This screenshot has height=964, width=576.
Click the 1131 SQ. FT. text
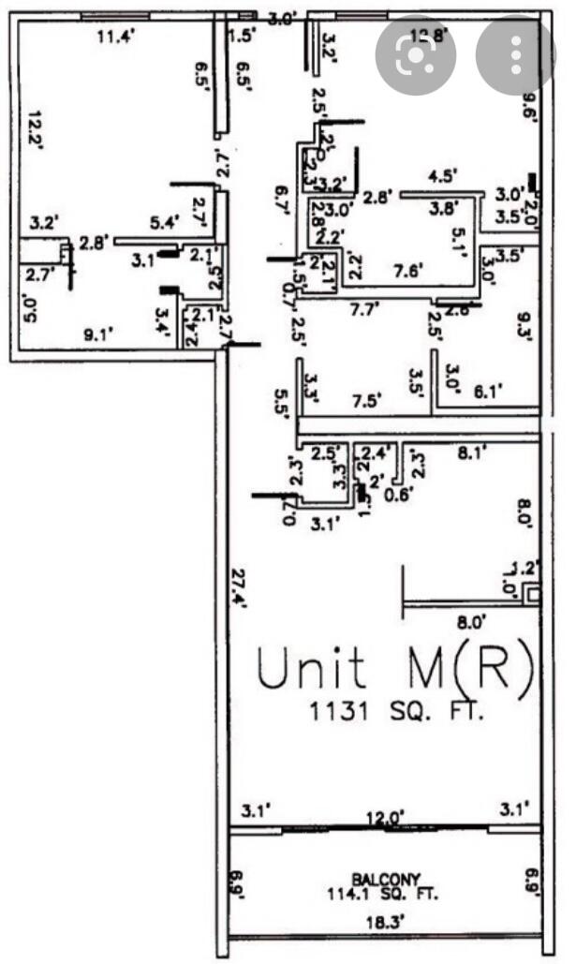tap(398, 713)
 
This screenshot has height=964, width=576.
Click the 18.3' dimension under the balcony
tap(386, 923)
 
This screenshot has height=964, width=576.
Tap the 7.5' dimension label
tap(366, 400)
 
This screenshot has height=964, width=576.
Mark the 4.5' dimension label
tap(441, 175)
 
